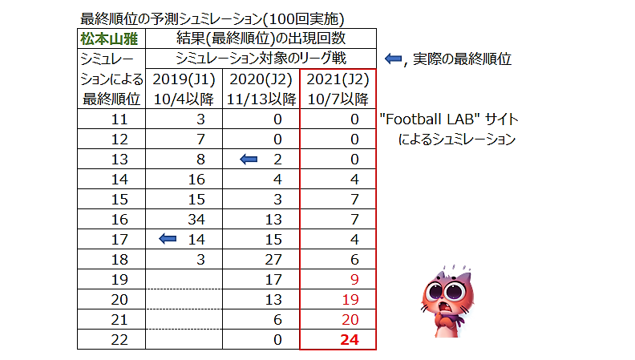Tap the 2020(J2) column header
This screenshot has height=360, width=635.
pos(260,79)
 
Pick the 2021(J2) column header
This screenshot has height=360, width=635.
pos(338,79)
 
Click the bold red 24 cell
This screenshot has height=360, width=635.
pos(348,340)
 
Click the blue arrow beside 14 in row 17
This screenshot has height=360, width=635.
pos(168,237)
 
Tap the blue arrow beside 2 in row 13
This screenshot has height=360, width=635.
pos(249,160)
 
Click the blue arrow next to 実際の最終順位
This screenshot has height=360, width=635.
pos(393,59)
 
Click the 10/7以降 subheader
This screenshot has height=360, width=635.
pos(338,99)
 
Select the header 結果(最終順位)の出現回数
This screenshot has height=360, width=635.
pos(261,38)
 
